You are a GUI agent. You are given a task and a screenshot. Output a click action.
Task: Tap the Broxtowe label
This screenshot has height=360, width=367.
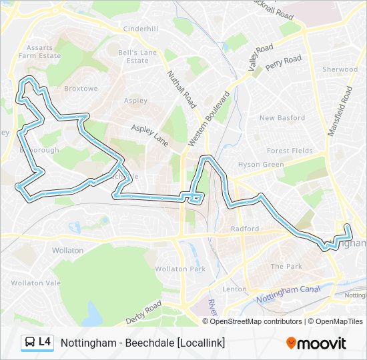click(81, 88)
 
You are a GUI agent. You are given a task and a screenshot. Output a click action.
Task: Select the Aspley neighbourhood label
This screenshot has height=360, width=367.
click(135, 101)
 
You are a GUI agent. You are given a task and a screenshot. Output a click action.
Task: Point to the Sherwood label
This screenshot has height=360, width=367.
click(340, 69)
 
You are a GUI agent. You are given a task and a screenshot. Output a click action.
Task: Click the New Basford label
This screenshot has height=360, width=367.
click(282, 118)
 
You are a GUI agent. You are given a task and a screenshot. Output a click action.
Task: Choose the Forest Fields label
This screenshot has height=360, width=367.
click(289, 151)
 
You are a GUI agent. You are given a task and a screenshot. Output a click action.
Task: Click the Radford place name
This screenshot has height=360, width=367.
click(244, 229)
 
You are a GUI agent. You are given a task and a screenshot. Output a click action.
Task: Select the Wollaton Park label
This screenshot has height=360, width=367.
click(180, 269)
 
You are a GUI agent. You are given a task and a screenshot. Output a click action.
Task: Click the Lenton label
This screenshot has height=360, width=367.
click(234, 289)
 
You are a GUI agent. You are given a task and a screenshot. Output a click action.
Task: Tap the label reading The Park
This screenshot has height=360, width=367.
click(286, 266)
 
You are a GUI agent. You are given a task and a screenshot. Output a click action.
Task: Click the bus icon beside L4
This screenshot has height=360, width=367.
click(30, 342)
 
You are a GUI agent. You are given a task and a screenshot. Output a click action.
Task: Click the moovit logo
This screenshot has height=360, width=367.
click(316, 343)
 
